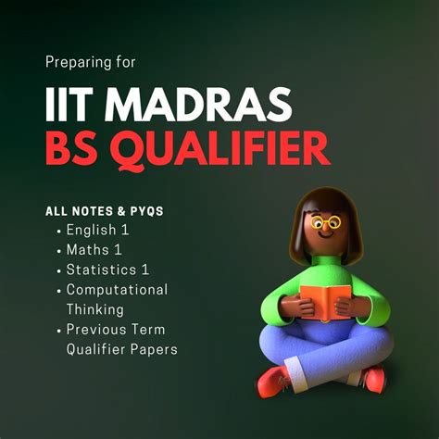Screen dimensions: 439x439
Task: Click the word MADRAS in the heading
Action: pyautogui.click(x=198, y=104)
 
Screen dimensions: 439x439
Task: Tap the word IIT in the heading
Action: pyautogui.click(x=69, y=104)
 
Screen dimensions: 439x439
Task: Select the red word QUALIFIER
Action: pyautogui.click(x=220, y=150)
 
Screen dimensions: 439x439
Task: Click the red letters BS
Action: pyautogui.click(x=71, y=148)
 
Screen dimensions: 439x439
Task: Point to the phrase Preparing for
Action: pyautogui.click(x=91, y=62)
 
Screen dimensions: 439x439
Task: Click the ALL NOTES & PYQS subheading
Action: pyautogui.click(x=105, y=211)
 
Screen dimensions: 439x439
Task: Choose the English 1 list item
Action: pyautogui.click(x=97, y=230)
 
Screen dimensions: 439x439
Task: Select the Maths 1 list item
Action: pyautogui.click(x=94, y=249)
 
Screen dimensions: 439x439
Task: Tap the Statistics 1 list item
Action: pyautogui.click(x=107, y=270)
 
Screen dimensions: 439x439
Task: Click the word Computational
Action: pyautogui.click(x=118, y=290)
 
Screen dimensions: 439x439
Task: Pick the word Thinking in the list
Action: pyautogui.click(x=95, y=309)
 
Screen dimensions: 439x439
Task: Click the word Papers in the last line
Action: pyautogui.click(x=154, y=349)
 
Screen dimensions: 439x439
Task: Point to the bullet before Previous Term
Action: pyautogui.click(x=59, y=331)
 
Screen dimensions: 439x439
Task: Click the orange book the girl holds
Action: pyautogui.click(x=325, y=302)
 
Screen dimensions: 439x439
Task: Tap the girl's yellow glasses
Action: pyautogui.click(x=325, y=222)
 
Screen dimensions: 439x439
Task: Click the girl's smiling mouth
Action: pyautogui.click(x=326, y=235)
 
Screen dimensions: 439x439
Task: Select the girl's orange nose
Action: pyautogui.click(x=325, y=228)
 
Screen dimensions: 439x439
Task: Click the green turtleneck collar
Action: pyautogui.click(x=326, y=260)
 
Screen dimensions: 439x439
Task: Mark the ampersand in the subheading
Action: pyautogui.click(x=121, y=211)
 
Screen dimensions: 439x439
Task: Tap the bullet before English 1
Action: pyautogui.click(x=59, y=232)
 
